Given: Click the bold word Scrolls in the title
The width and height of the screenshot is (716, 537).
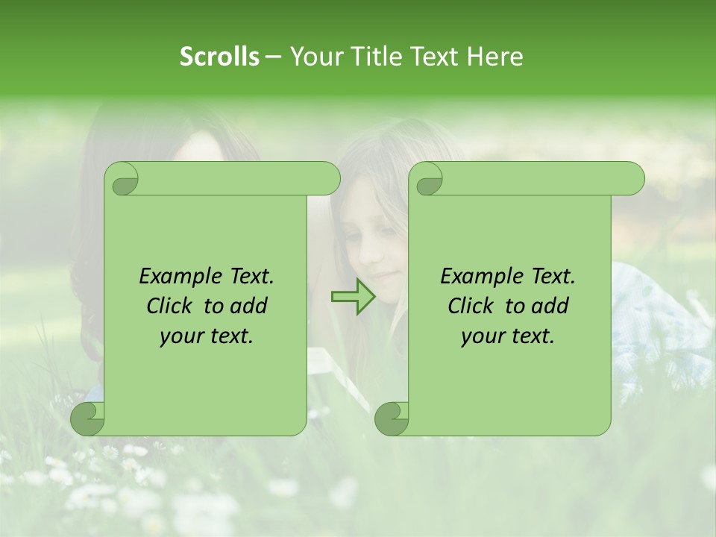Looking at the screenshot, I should pyautogui.click(x=219, y=56).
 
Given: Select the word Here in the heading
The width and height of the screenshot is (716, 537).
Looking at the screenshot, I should pyautogui.click(x=494, y=56).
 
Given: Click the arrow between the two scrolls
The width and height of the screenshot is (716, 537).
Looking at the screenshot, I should pyautogui.click(x=353, y=296).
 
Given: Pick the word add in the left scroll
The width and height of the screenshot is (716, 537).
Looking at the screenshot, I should pyautogui.click(x=249, y=306).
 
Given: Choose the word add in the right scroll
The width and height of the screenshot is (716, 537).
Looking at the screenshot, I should pyautogui.click(x=550, y=306).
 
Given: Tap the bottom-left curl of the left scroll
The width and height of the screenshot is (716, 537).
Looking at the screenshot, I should pyautogui.click(x=88, y=418).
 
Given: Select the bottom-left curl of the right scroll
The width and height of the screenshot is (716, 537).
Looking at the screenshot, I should pyautogui.click(x=391, y=418).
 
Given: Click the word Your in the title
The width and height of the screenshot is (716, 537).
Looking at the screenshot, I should pyautogui.click(x=315, y=56).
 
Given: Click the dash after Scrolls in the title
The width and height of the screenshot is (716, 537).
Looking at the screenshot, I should pyautogui.click(x=274, y=57).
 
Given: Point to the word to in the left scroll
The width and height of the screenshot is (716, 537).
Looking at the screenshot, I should pyautogui.click(x=213, y=306).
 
